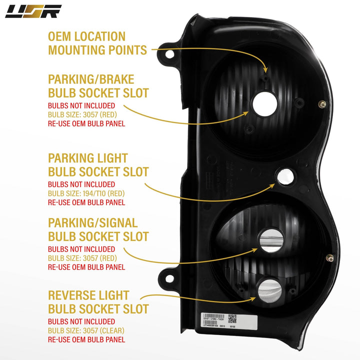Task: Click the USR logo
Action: [33, 11]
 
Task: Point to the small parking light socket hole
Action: [285, 175]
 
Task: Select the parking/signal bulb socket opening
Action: [270, 242]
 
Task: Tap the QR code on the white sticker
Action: [232, 318]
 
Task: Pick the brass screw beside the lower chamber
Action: [330, 258]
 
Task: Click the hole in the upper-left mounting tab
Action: [170, 53]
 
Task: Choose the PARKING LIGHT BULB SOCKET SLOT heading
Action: [98, 165]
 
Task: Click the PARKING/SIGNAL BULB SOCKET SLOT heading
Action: [98, 229]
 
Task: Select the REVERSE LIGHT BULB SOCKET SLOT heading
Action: [98, 301]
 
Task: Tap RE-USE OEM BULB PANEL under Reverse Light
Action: [86, 339]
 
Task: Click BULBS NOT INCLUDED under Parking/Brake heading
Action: [81, 105]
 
